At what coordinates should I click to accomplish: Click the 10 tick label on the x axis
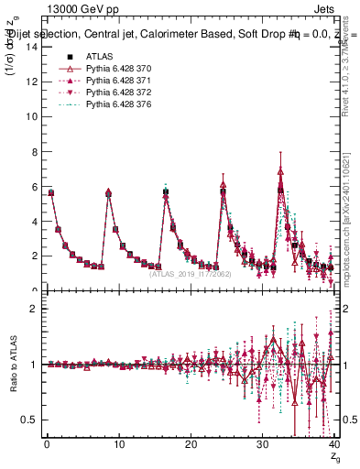tap(117, 445)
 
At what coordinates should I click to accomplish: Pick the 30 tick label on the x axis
tap(261, 445)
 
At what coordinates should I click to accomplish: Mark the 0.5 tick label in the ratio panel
tap(28, 420)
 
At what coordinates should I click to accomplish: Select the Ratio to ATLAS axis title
tap(12, 365)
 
